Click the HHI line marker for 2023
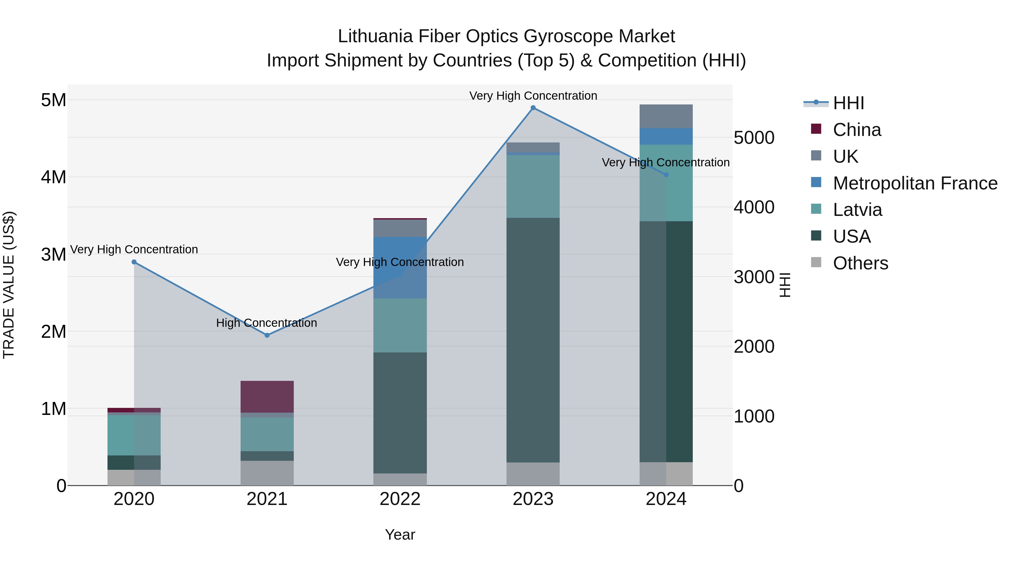[533, 108]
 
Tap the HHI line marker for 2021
[267, 335]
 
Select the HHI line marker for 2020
[134, 262]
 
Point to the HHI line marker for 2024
[666, 175]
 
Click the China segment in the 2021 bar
[267, 397]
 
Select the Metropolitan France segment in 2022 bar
[400, 267]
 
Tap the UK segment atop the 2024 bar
[666, 117]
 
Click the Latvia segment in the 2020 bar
[134, 435]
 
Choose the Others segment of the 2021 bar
[267, 473]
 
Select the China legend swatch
[816, 129]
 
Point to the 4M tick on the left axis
[53, 177]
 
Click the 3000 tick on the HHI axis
[754, 277]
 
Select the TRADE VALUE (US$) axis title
[9, 285]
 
